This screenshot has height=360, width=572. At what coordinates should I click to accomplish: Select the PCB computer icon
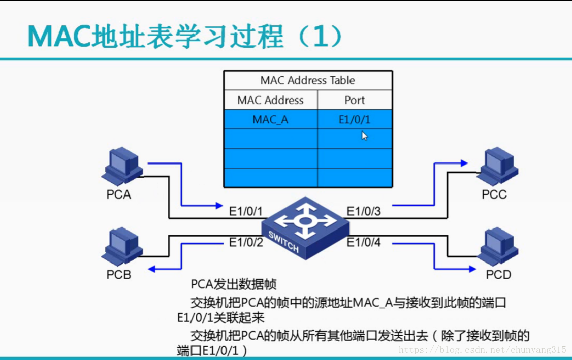(x=121, y=247)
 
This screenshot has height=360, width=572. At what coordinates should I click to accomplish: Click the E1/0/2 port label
(x=246, y=242)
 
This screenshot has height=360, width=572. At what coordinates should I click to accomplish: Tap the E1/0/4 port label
(x=364, y=242)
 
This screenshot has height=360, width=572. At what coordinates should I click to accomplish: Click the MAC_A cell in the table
(x=270, y=120)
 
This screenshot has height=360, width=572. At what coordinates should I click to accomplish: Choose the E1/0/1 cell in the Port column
(x=355, y=120)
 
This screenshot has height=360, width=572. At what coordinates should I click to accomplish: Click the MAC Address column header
(x=270, y=100)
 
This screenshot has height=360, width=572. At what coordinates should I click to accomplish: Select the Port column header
(x=355, y=100)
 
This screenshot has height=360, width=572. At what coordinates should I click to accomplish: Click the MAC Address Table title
(x=307, y=80)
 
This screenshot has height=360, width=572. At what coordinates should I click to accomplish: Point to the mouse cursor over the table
(x=364, y=136)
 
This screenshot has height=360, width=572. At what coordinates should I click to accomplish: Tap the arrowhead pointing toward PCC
(x=463, y=163)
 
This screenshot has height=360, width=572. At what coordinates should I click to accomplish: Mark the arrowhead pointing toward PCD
(x=463, y=269)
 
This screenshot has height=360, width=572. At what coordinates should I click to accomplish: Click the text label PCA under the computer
(x=119, y=194)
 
